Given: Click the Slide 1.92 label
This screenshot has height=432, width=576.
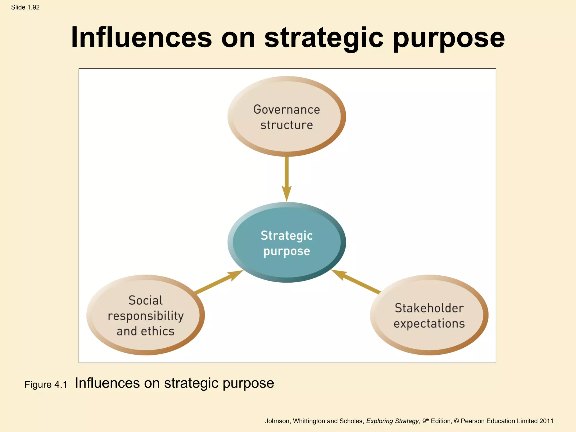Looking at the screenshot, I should (x=25, y=7).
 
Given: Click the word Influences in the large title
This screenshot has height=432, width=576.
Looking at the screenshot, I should (x=141, y=37).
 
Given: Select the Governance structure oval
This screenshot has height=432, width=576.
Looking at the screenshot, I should (x=287, y=116).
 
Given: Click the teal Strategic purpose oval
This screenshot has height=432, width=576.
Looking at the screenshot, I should (x=287, y=242).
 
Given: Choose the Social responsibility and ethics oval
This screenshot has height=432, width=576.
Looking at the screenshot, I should (x=145, y=315).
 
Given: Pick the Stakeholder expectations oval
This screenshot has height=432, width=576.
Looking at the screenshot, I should (x=429, y=315).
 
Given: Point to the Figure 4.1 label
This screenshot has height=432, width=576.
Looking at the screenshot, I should (x=46, y=384).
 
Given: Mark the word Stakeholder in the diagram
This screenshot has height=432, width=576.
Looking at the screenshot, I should (x=429, y=308).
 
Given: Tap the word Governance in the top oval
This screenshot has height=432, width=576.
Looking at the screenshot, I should (x=287, y=109).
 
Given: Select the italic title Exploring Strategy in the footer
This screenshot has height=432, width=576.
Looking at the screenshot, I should (x=392, y=421).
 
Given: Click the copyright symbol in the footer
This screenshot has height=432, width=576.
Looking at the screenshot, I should (x=456, y=421).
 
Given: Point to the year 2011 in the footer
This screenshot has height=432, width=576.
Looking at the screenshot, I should (x=546, y=421).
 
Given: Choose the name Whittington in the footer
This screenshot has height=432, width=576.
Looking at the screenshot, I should (x=309, y=421).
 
